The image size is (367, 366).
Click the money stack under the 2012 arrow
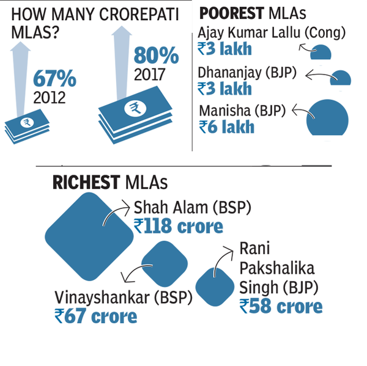click(x=26, y=126)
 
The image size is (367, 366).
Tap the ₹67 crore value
click(x=95, y=316)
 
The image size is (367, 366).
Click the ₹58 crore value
click(x=281, y=306)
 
